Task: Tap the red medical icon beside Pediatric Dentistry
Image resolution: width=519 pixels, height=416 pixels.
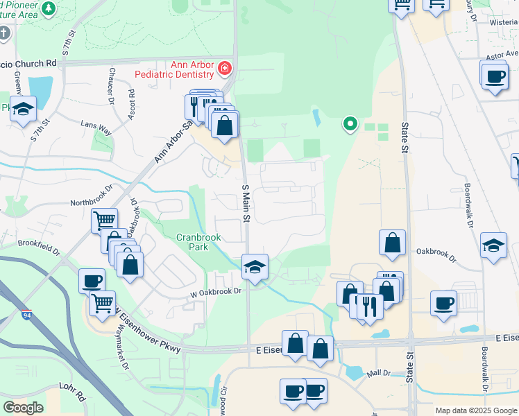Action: click(224, 68)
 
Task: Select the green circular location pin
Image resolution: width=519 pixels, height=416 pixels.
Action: click(350, 125)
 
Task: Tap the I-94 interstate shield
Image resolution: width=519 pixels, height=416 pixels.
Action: click(26, 315)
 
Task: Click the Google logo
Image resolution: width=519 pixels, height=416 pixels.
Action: click(24, 408)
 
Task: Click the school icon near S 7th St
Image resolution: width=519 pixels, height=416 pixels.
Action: click(24, 109)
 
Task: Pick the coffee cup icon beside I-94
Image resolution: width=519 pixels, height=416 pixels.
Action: click(92, 281)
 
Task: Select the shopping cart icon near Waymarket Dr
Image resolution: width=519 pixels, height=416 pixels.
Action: click(102, 302)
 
